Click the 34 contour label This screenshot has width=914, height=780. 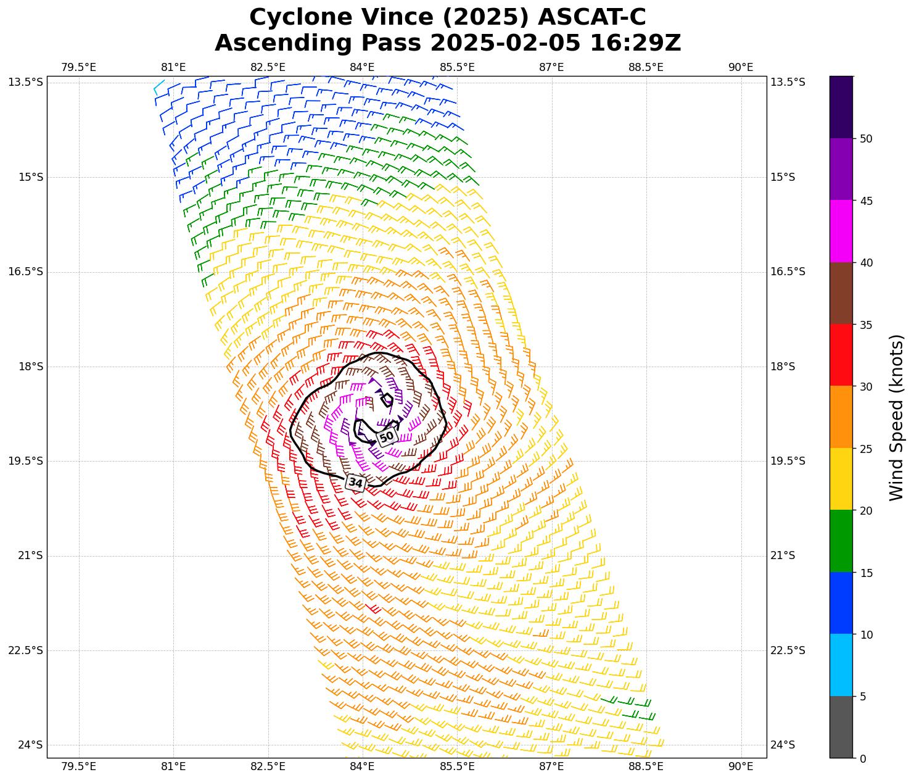tap(356, 483)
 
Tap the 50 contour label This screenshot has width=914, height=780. tap(386, 437)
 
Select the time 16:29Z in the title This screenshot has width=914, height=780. tap(635, 43)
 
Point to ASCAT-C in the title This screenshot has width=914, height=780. tap(590, 18)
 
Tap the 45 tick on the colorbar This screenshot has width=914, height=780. tap(866, 201)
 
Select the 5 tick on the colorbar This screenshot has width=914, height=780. tap(863, 697)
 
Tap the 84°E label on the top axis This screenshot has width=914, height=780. tap(362, 67)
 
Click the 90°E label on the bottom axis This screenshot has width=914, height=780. tap(741, 766)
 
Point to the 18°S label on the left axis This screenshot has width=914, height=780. tap(30, 367)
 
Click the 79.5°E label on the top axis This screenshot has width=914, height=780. tap(78, 67)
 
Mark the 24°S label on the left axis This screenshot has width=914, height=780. tap(30, 745)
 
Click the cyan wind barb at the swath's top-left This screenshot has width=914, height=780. tap(159, 86)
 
